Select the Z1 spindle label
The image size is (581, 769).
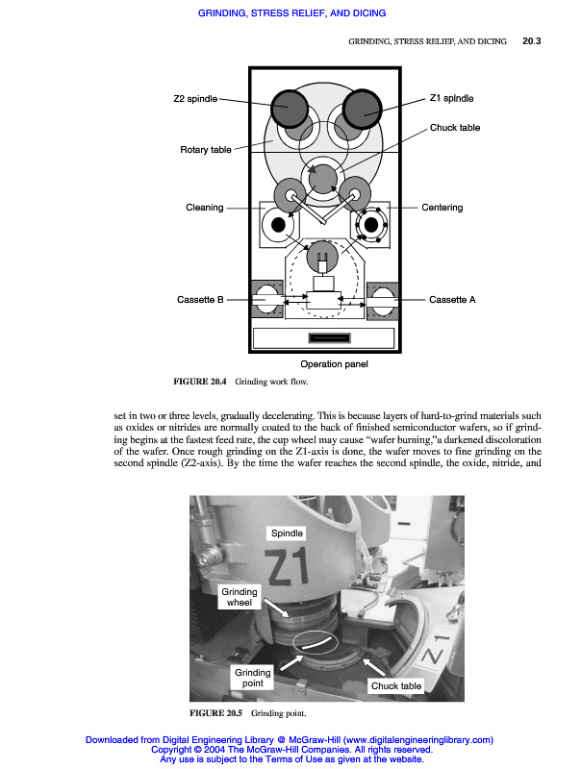coord(451,99)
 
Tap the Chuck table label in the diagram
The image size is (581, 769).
coord(455,128)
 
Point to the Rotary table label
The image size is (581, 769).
coord(206,150)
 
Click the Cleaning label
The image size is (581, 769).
coord(204,208)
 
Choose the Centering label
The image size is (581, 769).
coord(442,208)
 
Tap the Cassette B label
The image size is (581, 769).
coord(200,300)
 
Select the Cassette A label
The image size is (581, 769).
coord(452,300)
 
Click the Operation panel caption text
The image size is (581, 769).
coord(334,364)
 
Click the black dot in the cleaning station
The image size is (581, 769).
coord(279,226)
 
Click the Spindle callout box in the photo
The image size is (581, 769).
coord(286,533)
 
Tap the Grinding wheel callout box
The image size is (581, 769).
coord(239,597)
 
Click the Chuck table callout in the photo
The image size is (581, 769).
coord(396,686)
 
